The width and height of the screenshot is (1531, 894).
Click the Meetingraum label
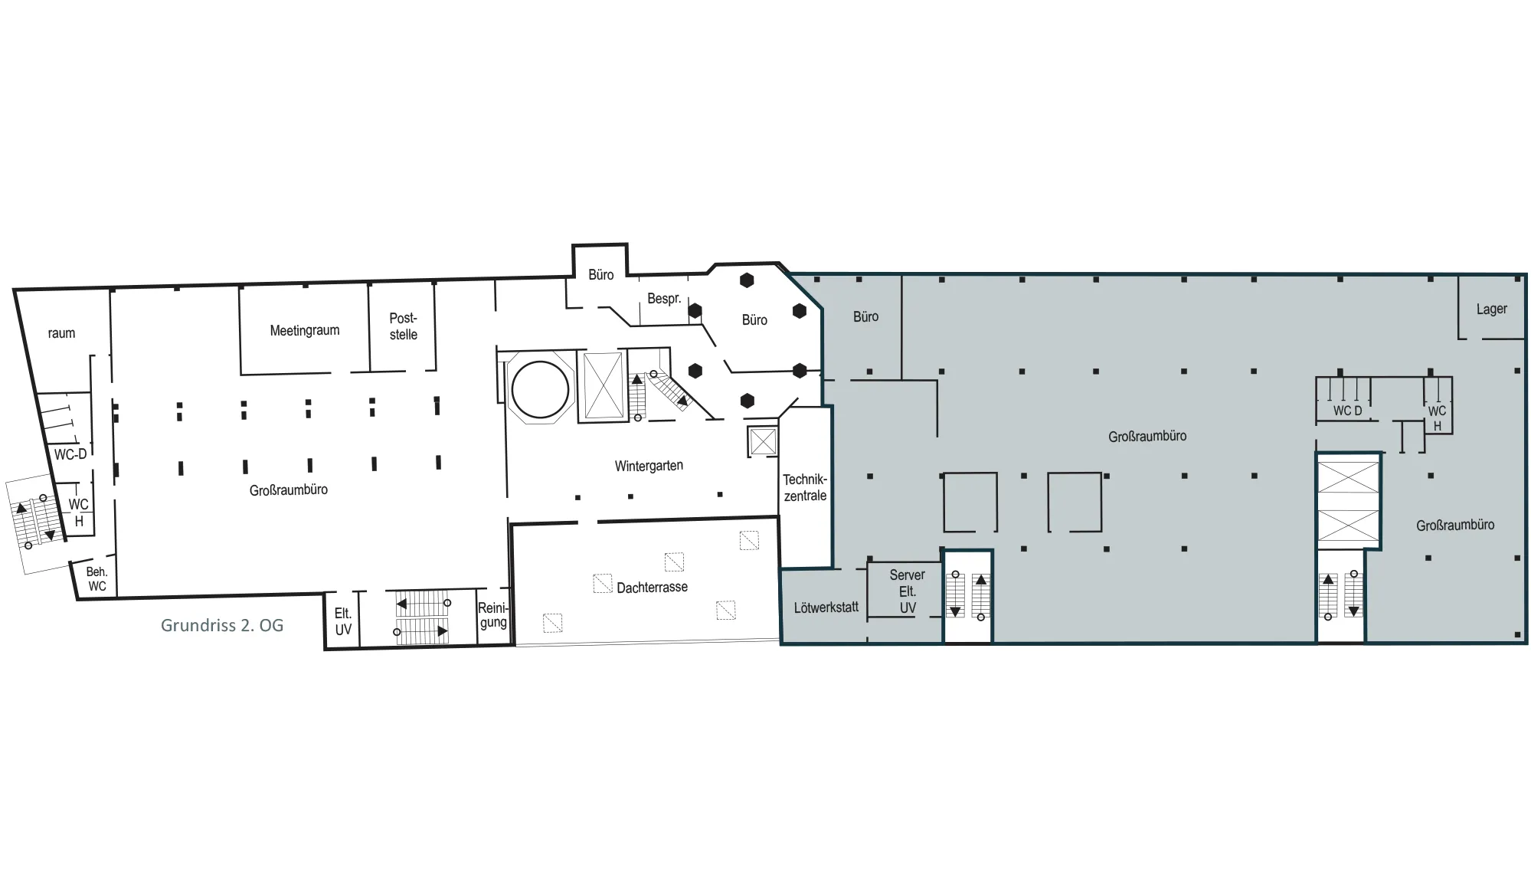[x=304, y=331]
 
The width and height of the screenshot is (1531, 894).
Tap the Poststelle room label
[x=404, y=326]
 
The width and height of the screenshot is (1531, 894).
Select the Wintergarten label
[x=649, y=466]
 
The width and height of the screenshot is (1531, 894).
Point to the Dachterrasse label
[x=652, y=587]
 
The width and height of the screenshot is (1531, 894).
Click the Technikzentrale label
[x=805, y=487]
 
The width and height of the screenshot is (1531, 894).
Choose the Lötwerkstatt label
[x=826, y=607]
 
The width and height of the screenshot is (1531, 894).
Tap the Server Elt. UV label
[x=908, y=591]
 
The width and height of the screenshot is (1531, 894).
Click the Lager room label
[x=1491, y=309]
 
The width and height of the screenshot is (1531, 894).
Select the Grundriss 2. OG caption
[x=222, y=625]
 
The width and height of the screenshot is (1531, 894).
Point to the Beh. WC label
[x=97, y=579]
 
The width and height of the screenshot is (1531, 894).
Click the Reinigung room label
[x=493, y=615]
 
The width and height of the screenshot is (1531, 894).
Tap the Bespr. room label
[x=664, y=299]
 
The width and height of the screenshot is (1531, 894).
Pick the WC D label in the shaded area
[x=1347, y=411]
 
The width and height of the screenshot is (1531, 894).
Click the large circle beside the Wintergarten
[x=512, y=390]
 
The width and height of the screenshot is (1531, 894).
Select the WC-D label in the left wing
[x=70, y=454]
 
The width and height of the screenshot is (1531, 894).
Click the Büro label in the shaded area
[x=865, y=316]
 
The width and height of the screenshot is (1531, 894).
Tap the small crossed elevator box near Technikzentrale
[x=762, y=442]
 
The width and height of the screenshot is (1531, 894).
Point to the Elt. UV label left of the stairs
[x=343, y=621]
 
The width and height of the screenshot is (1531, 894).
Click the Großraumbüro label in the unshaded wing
[x=289, y=490]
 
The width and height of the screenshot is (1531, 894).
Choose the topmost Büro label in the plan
[x=600, y=274]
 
